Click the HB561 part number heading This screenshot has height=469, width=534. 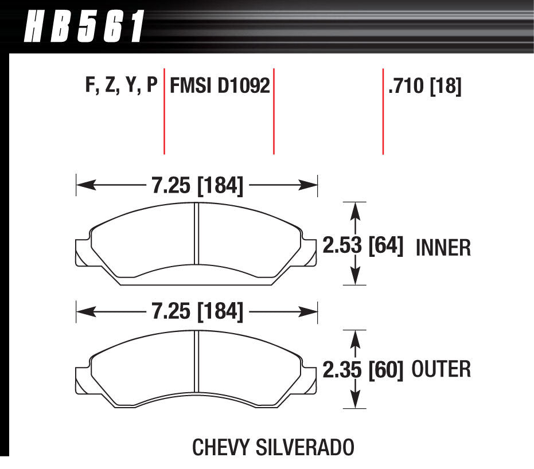(83, 26)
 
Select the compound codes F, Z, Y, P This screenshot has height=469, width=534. (120, 87)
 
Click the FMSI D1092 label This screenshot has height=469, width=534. (220, 87)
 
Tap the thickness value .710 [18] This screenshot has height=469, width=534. (425, 87)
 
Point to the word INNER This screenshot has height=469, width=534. (442, 248)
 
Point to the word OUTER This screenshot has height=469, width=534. (441, 369)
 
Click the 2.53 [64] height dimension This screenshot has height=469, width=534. (363, 246)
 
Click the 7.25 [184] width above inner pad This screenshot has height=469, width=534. (197, 185)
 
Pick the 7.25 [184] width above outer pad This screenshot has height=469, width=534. (197, 312)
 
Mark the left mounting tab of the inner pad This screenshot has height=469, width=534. (83, 253)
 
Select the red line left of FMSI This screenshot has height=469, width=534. (165, 112)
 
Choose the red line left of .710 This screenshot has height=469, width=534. (383, 112)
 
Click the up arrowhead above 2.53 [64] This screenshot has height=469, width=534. (357, 211)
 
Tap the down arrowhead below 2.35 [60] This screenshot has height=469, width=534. (357, 399)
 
